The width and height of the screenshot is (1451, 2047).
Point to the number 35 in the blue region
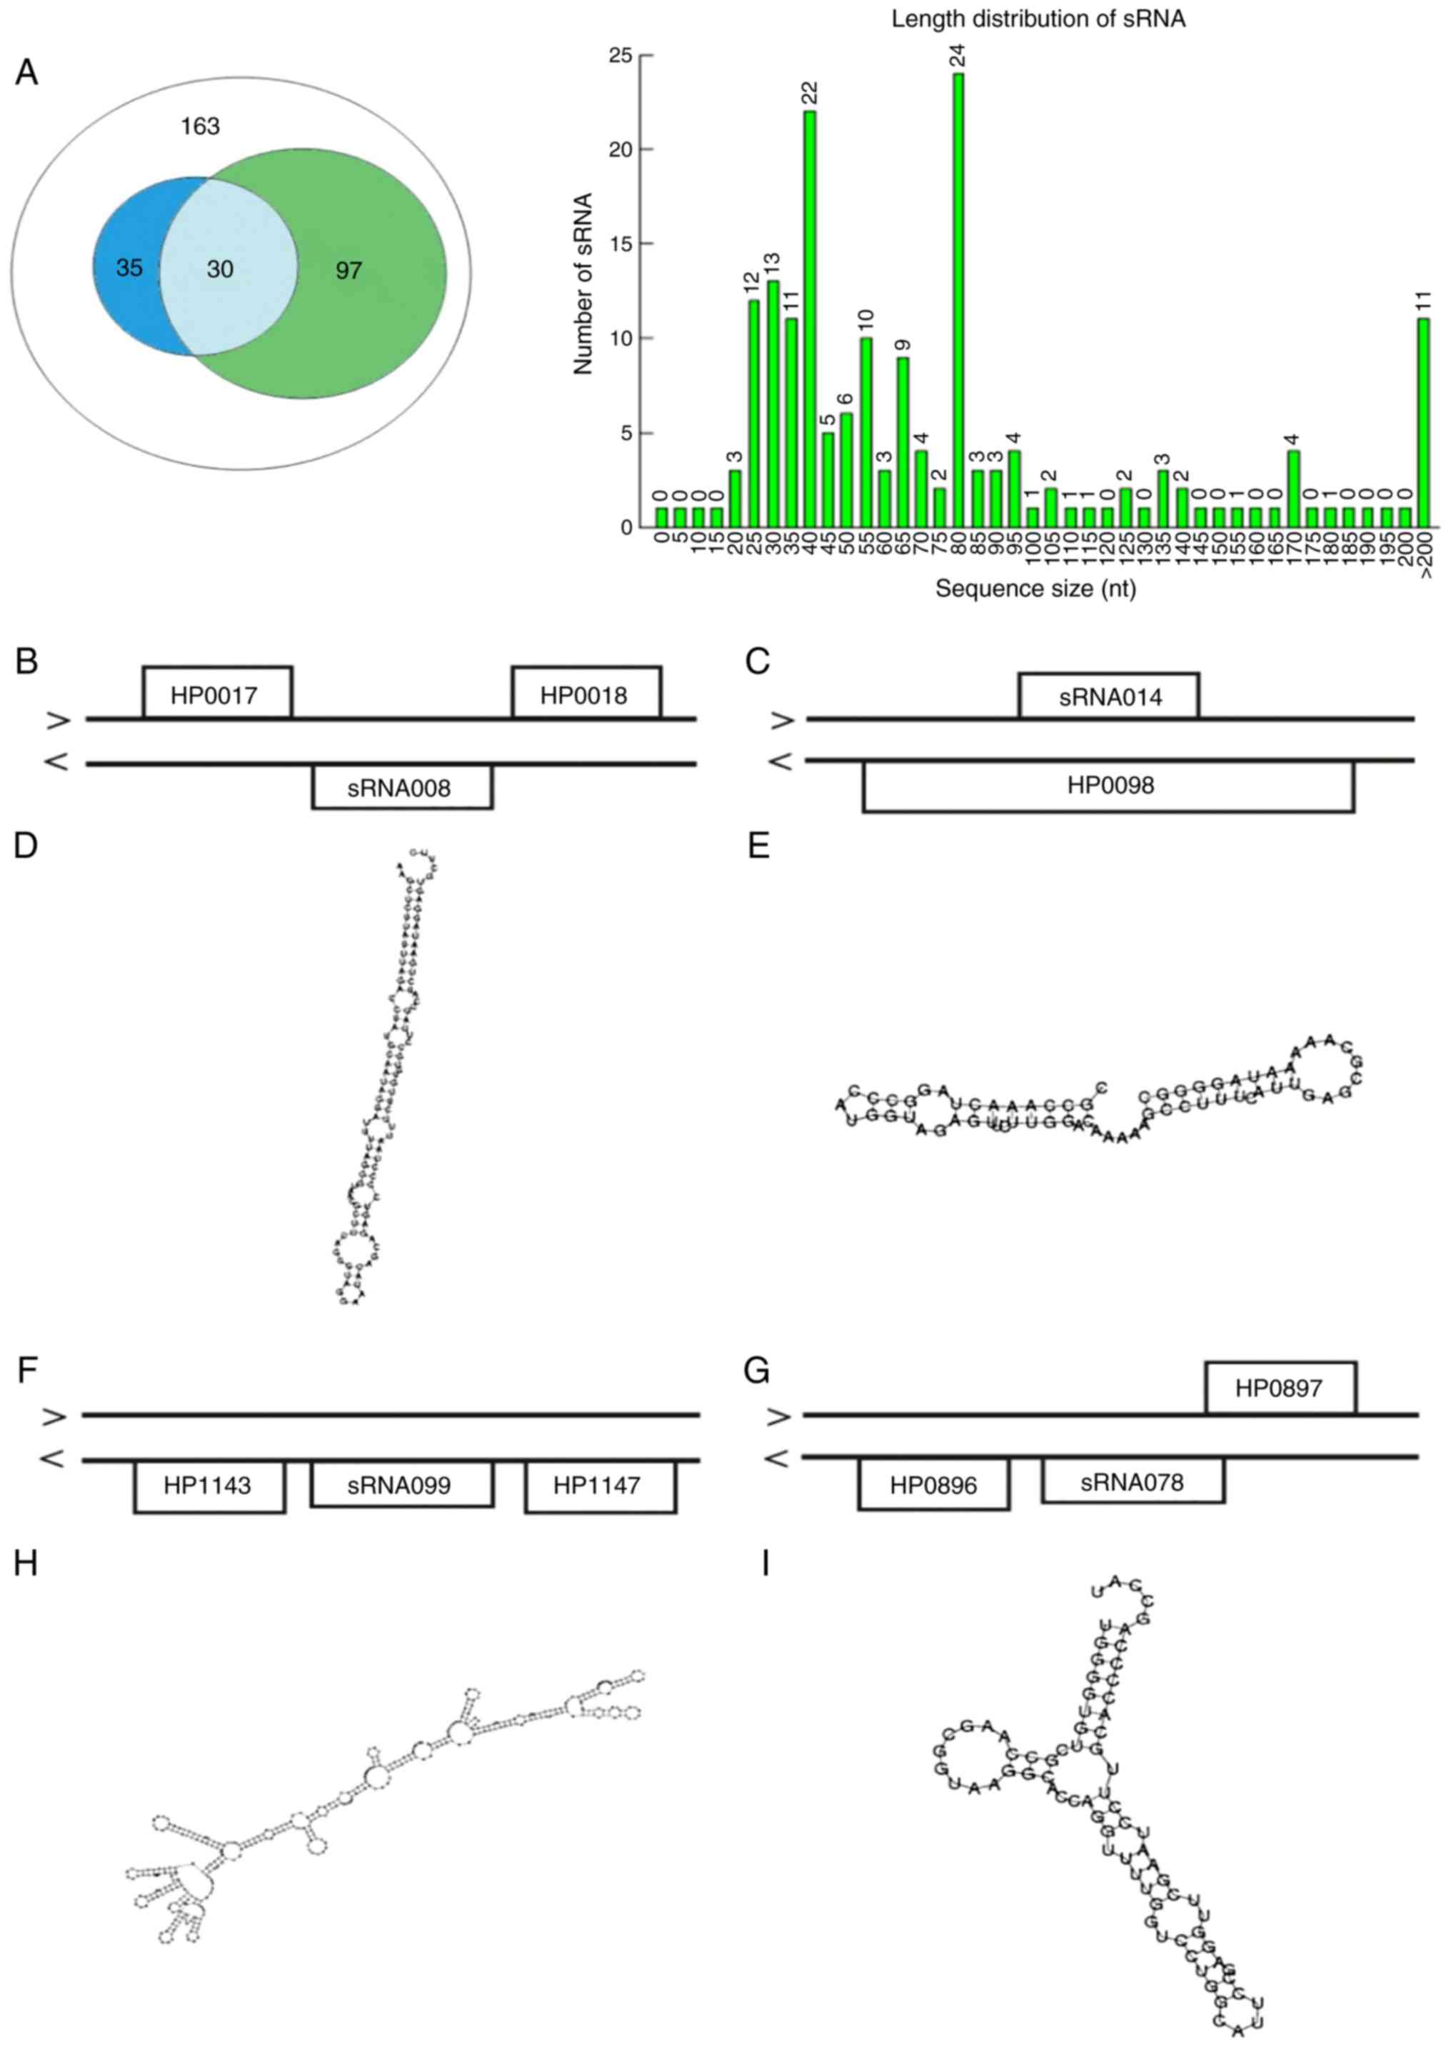[129, 267]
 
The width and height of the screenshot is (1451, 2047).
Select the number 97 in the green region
[348, 270]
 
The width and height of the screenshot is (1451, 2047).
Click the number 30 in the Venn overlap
[220, 268]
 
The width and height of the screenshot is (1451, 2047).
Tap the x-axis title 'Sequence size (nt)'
[1035, 589]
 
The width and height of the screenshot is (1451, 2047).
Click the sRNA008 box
[401, 787]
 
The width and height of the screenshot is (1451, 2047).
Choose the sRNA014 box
[1109, 696]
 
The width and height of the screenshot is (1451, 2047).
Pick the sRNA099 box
[401, 1484]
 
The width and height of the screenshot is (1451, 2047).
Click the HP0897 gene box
[1280, 1388]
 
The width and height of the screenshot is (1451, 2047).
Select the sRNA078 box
[1132, 1481]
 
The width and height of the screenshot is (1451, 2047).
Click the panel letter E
[758, 845]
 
